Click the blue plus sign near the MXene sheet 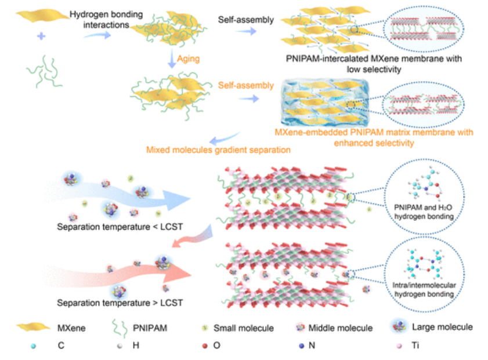tap(41, 37)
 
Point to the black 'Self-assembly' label tap(246, 20)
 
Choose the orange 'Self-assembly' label tap(246, 86)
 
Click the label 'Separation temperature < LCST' tap(120, 226)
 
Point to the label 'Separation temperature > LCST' tap(120, 303)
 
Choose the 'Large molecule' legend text tap(442, 328)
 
